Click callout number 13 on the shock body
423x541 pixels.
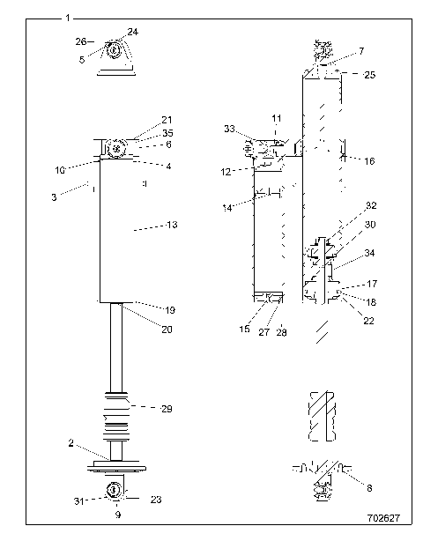172,226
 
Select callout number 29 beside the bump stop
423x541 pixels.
166,408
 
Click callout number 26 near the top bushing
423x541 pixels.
80,41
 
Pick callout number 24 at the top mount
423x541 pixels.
133,32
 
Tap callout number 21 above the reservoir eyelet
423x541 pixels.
167,120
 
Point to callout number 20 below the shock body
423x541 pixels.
167,329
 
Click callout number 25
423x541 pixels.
368,76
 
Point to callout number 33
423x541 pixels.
230,129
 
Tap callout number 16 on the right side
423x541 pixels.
369,162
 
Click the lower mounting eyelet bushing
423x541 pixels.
114,490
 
